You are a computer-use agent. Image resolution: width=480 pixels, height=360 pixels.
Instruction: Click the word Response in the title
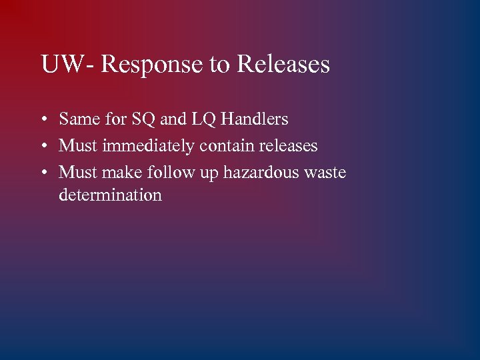[x=150, y=65]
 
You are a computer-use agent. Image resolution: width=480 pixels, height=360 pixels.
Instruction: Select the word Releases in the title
[x=283, y=65]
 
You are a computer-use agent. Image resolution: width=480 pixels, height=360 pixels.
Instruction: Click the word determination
[x=110, y=195]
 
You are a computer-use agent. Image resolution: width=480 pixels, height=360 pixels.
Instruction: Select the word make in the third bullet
[x=121, y=173]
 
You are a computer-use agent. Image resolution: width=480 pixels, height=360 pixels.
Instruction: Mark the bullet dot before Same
[x=43, y=120]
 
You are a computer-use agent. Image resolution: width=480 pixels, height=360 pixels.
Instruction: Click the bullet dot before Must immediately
[x=43, y=146]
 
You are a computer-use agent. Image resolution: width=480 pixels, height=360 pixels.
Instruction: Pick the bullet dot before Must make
[x=43, y=173]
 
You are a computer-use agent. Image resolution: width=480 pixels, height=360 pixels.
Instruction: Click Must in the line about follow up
[x=78, y=173]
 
